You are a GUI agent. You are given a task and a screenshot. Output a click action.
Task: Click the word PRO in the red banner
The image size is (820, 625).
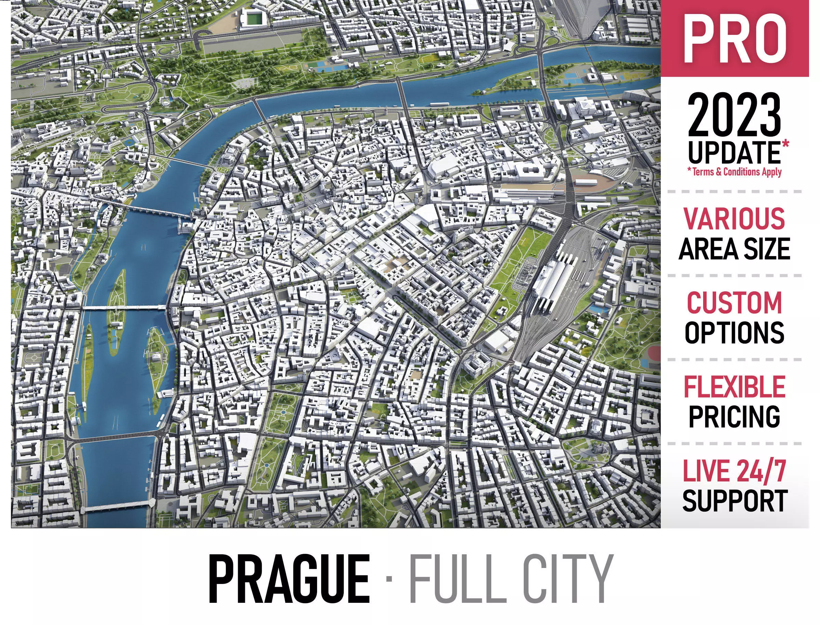pos(734,39)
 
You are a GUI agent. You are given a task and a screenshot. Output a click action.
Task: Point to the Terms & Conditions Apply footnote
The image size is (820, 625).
pos(734,172)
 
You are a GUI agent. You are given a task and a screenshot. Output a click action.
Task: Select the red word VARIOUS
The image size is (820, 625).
pos(734,218)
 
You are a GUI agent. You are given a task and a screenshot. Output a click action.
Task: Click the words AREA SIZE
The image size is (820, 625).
pos(734,249)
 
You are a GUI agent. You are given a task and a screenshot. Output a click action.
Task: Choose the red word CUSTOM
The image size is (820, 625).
pos(734,302)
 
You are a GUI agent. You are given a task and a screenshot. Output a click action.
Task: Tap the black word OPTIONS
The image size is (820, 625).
pos(734,332)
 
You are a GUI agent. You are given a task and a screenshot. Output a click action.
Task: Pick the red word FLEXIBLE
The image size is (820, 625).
pos(734,387)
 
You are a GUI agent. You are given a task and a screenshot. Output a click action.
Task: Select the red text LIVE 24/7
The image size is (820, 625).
pos(734,471)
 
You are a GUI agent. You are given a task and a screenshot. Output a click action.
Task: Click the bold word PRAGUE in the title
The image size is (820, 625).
pos(289,579)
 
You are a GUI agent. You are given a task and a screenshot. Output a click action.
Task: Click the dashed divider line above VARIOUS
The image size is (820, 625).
pos(734,192)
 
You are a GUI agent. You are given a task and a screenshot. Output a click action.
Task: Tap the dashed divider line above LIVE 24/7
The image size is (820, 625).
pos(734,443)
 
